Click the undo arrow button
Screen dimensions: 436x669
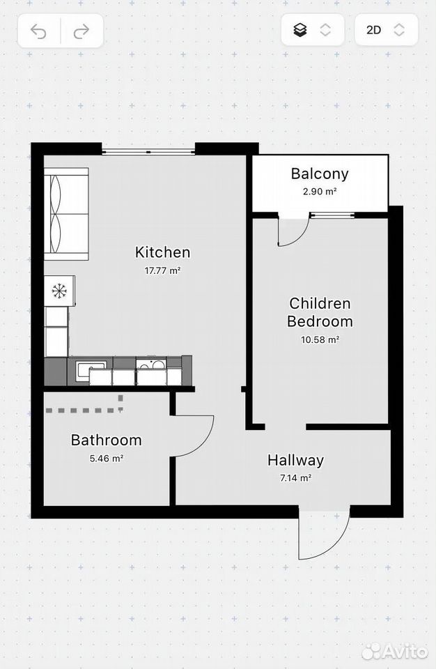click(39, 31)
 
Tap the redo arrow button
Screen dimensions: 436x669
click(81, 31)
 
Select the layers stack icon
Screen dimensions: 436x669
click(300, 30)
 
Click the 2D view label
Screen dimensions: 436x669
click(374, 30)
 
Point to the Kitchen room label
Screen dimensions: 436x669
click(162, 252)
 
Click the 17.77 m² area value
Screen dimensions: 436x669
click(162, 270)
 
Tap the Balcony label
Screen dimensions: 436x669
click(320, 174)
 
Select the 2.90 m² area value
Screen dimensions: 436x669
click(320, 192)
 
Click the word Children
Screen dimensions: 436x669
click(320, 303)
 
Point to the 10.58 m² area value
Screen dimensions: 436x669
click(320, 339)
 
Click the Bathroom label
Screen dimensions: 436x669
click(107, 440)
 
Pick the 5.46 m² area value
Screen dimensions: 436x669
click(107, 459)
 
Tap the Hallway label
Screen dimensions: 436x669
click(295, 461)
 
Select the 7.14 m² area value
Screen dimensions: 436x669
click(295, 478)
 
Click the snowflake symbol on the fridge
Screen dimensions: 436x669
click(59, 291)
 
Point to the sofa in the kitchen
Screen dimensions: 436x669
click(66, 214)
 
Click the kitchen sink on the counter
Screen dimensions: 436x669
click(91, 370)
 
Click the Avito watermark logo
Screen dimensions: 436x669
click(395, 651)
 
